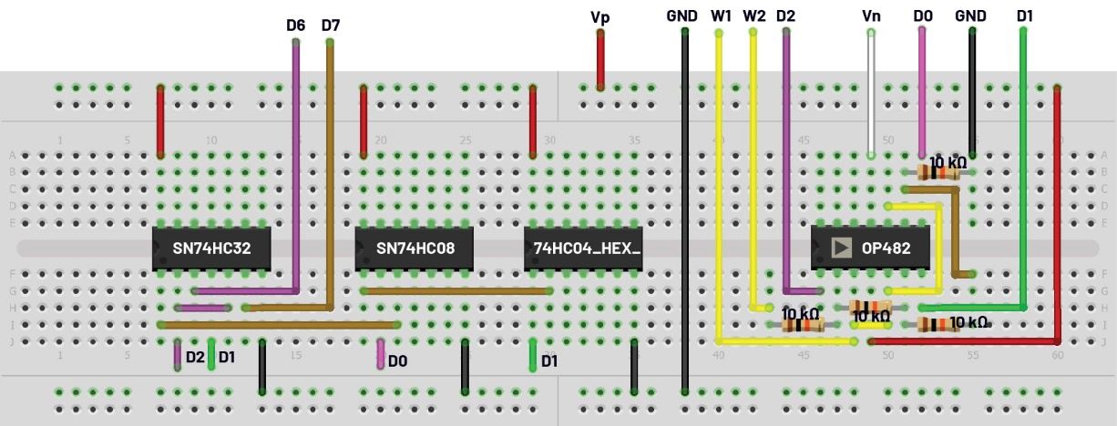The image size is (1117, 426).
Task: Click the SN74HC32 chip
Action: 211,248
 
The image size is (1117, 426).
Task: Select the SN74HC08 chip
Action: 415,248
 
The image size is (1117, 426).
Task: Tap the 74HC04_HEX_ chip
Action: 583,248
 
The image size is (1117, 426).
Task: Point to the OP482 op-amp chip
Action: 872,248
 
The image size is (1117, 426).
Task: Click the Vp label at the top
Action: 599,16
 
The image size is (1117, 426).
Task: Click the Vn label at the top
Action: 871,15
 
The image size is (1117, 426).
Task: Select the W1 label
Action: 721,15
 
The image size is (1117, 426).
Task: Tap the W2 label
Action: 753,15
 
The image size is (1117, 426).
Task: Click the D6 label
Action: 295,25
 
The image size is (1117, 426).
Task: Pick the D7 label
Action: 330,25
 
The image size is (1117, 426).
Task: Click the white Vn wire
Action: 871,91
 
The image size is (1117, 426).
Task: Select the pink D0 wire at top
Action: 922,91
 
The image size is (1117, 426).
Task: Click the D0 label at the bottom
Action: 397,361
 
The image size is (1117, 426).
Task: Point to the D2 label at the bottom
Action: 195,357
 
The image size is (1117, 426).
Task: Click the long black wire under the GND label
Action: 684,209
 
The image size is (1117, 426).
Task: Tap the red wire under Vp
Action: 599,59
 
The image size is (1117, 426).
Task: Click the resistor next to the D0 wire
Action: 938,171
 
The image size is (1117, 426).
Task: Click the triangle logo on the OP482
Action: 841,248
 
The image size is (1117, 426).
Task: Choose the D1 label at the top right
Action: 1025,15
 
